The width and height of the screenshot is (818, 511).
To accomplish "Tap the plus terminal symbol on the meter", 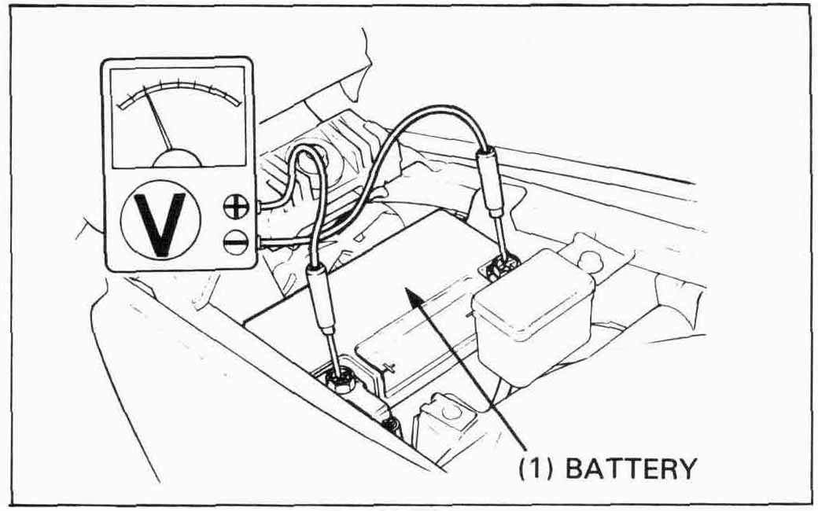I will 236,206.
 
